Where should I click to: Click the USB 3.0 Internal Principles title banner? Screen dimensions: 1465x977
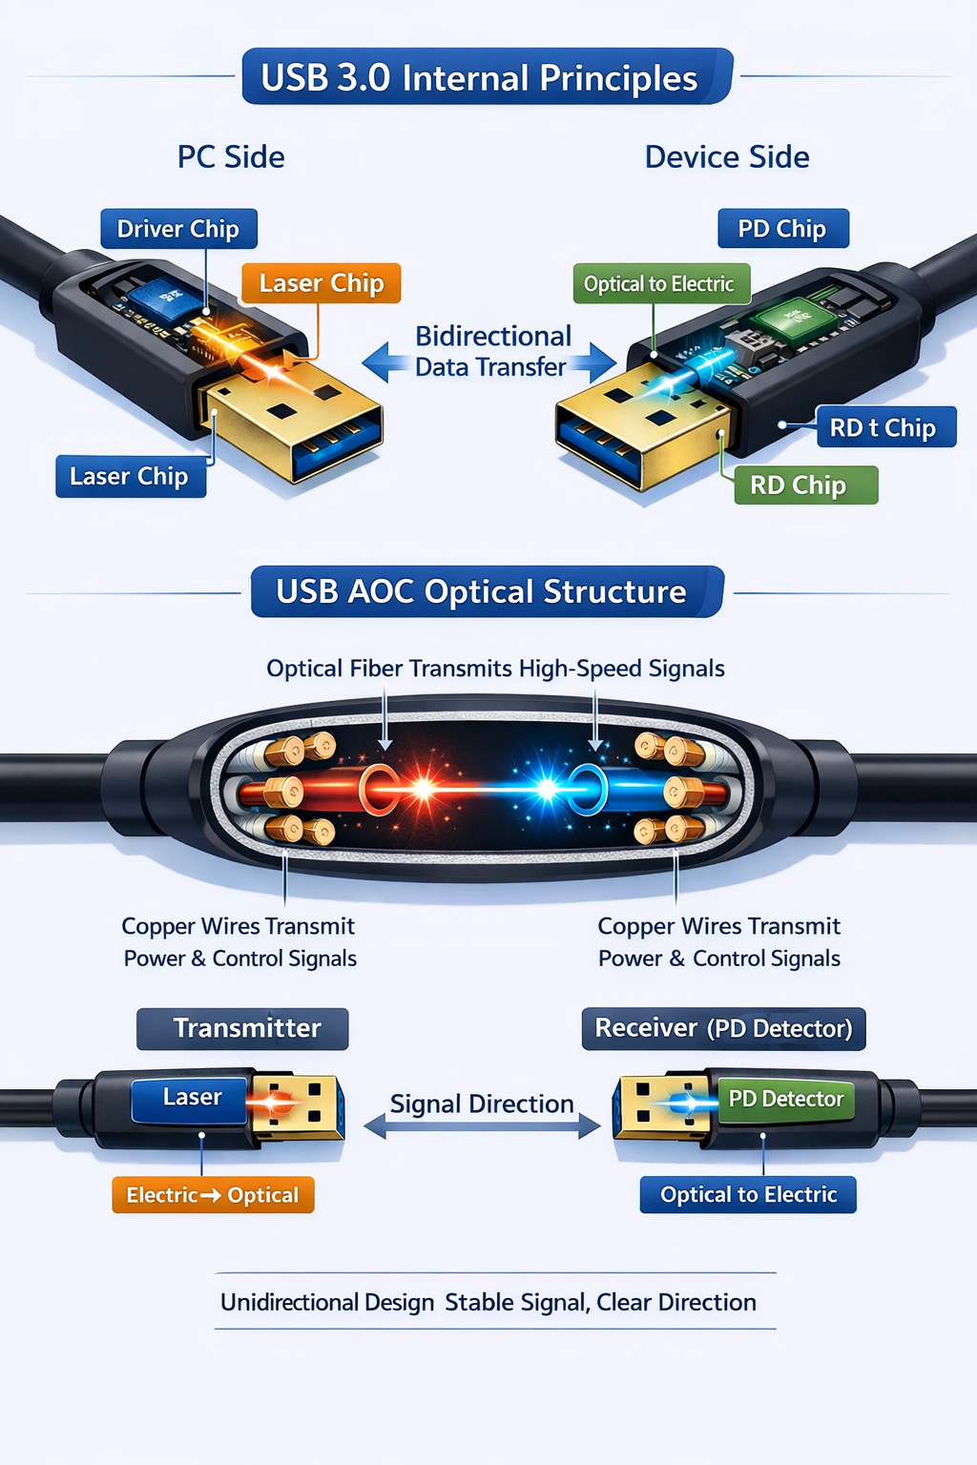click(487, 77)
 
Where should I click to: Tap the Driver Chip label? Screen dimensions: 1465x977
click(178, 229)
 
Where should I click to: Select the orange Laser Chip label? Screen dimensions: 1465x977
click(321, 283)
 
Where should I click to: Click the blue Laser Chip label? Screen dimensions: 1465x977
click(130, 476)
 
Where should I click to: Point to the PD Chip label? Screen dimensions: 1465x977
click(782, 229)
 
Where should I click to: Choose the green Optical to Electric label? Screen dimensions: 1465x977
click(660, 283)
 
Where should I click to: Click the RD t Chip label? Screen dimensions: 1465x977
click(884, 427)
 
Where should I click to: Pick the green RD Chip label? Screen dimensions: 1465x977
click(804, 485)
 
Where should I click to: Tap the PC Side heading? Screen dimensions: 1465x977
click(231, 156)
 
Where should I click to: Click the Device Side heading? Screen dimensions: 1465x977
click(727, 156)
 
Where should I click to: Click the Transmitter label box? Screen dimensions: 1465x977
click(243, 1028)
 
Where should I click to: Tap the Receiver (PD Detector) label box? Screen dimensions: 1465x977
click(723, 1028)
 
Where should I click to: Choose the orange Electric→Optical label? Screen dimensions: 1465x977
click(213, 1195)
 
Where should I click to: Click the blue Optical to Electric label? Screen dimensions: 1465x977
click(748, 1194)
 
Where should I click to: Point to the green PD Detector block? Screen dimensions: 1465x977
click(785, 1100)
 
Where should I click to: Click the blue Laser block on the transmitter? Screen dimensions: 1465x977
click(191, 1099)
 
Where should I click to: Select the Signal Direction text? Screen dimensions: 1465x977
click(482, 1104)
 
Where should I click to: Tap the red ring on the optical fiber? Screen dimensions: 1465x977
click(379, 790)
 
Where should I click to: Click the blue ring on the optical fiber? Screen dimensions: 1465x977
click(588, 790)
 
